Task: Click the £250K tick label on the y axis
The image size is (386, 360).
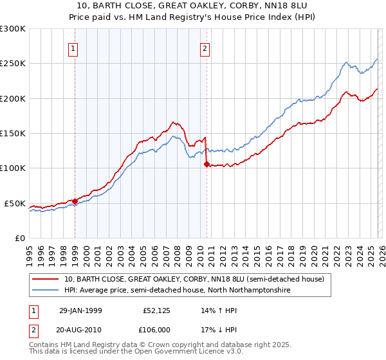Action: [14, 64]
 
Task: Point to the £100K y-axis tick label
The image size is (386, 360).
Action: [14, 168]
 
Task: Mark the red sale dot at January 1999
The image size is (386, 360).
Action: [75, 201]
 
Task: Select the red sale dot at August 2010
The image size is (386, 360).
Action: [207, 164]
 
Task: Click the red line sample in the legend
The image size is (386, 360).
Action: [46, 279]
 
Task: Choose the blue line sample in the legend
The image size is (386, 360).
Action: [46, 290]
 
